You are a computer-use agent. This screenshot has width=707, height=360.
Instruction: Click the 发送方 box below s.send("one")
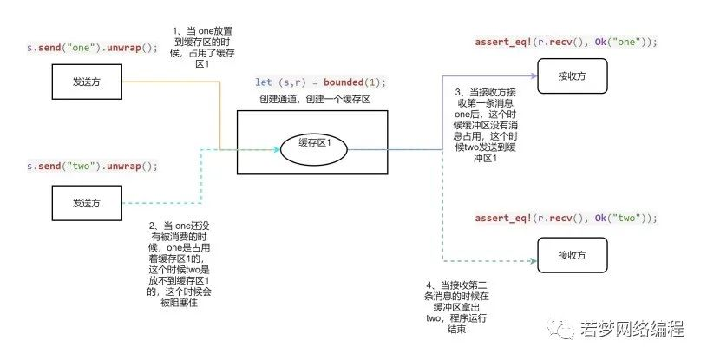(x=87, y=82)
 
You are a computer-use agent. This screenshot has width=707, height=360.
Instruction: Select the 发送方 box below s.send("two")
(x=87, y=203)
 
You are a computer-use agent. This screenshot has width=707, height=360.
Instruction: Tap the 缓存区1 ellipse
(x=314, y=149)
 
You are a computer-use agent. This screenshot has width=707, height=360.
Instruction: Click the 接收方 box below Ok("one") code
(x=573, y=75)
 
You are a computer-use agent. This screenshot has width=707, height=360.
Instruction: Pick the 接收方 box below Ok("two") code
(x=573, y=255)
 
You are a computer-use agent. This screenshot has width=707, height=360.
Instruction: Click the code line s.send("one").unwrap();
(x=93, y=48)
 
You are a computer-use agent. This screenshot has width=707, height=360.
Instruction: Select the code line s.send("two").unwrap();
(x=93, y=166)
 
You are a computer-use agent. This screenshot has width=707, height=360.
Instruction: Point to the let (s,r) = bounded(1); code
(x=321, y=82)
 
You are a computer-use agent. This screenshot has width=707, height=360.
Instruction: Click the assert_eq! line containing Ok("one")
(x=566, y=42)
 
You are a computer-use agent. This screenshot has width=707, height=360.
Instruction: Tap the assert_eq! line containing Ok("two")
(x=566, y=219)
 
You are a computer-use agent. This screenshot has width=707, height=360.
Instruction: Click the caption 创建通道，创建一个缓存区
(x=315, y=99)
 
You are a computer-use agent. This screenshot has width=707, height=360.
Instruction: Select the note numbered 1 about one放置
(x=202, y=48)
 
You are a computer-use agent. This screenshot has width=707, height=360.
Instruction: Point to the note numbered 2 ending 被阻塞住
(x=179, y=264)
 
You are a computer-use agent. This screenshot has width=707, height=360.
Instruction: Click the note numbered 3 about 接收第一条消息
(x=485, y=126)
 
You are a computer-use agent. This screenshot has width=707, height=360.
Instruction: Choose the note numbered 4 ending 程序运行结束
(x=456, y=307)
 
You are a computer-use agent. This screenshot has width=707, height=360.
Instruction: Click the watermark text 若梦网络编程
(x=632, y=329)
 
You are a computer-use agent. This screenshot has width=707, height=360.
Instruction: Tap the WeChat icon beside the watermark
(x=560, y=330)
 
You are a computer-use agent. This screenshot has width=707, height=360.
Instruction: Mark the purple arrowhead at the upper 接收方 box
(x=534, y=75)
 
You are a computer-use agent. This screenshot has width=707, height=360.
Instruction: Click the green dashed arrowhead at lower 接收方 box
(x=534, y=261)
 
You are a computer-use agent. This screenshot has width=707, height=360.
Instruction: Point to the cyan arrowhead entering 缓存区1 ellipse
(x=277, y=149)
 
